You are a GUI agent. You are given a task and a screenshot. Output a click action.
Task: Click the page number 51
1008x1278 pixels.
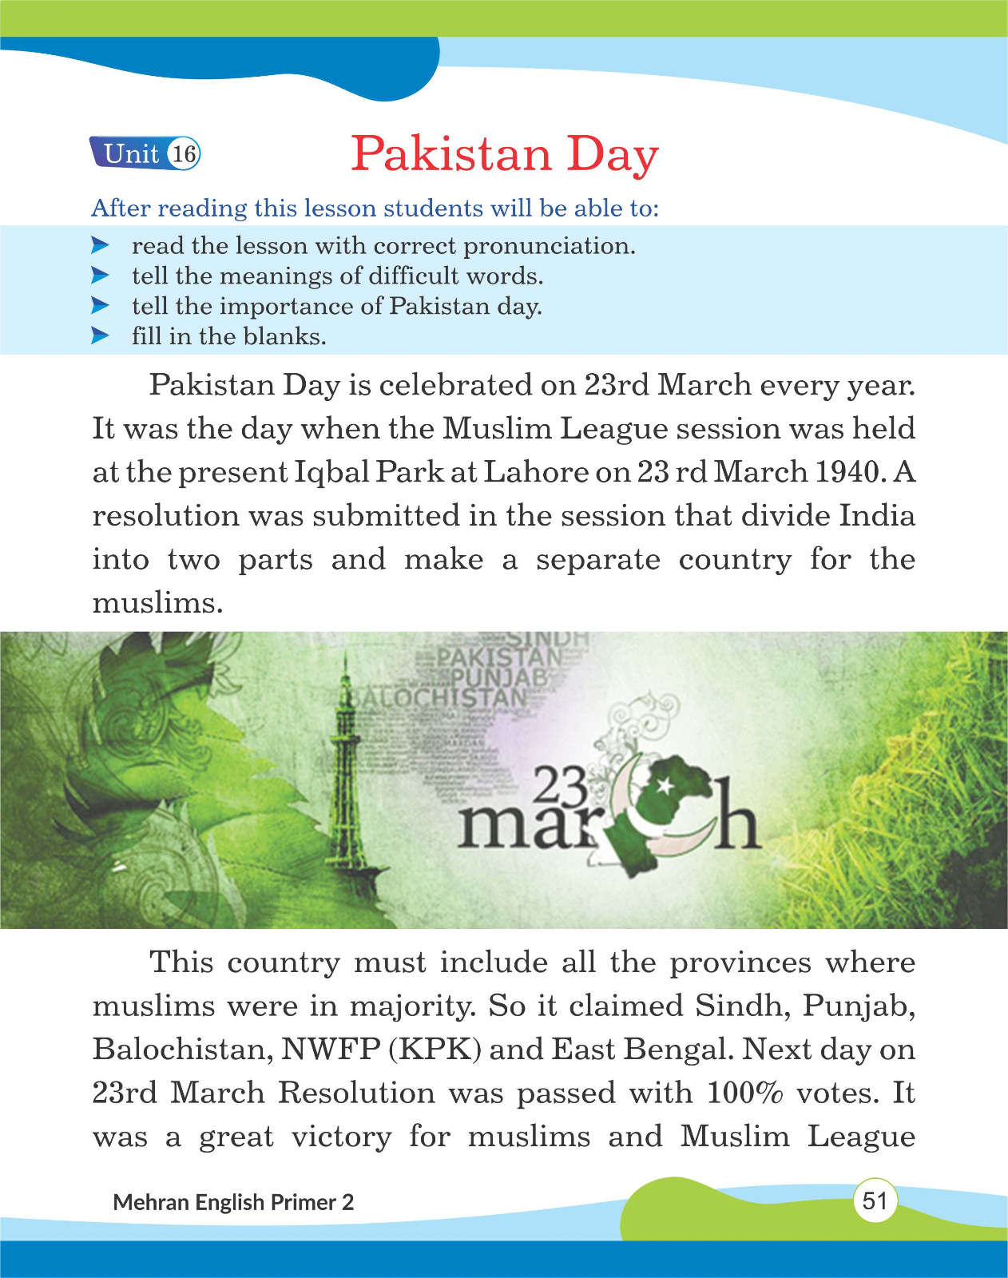875,1201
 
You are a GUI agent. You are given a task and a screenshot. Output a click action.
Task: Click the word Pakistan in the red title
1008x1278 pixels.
451,153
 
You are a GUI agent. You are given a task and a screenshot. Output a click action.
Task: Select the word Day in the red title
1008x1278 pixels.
613,155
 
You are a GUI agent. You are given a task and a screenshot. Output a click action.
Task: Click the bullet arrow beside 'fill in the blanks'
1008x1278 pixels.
100,335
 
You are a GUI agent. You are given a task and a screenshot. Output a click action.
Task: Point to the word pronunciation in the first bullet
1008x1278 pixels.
550,246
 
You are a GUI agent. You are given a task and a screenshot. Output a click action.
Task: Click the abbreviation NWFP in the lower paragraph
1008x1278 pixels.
330,1049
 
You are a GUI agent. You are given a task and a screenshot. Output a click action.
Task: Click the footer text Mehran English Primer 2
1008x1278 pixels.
233,1202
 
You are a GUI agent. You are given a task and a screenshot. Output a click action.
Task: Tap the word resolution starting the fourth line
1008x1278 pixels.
165,516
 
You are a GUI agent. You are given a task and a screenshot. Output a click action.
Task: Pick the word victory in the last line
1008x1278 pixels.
341,1137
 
